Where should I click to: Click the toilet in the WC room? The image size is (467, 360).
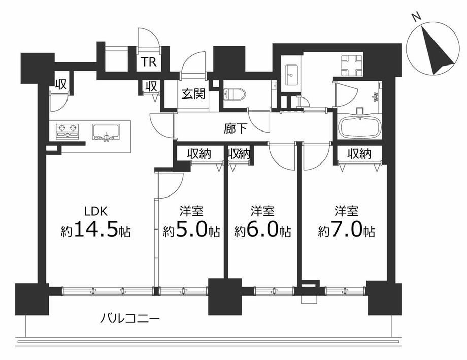coord(234,94)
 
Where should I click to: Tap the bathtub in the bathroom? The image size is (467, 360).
coord(361,127)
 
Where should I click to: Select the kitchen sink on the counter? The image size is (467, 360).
coord(106,132)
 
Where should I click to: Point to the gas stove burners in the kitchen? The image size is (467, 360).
coord(68,131)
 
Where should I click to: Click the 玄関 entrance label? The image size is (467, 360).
coord(194,94)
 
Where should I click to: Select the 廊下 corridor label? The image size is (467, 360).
coord(235,129)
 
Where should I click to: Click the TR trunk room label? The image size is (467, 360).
coord(149,62)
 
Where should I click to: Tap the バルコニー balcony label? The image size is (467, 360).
coord(129,319)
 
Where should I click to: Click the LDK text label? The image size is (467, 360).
coord(95,211)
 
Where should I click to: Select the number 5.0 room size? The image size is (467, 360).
coord(192,229)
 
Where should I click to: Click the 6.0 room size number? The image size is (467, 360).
coord(263,229)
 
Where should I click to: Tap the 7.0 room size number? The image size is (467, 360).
coord(347,229)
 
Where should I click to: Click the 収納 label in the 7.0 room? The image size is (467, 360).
coord(360,154)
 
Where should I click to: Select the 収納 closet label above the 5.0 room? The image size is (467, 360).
coord(199,154)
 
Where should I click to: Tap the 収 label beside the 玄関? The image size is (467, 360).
coord(151,87)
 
